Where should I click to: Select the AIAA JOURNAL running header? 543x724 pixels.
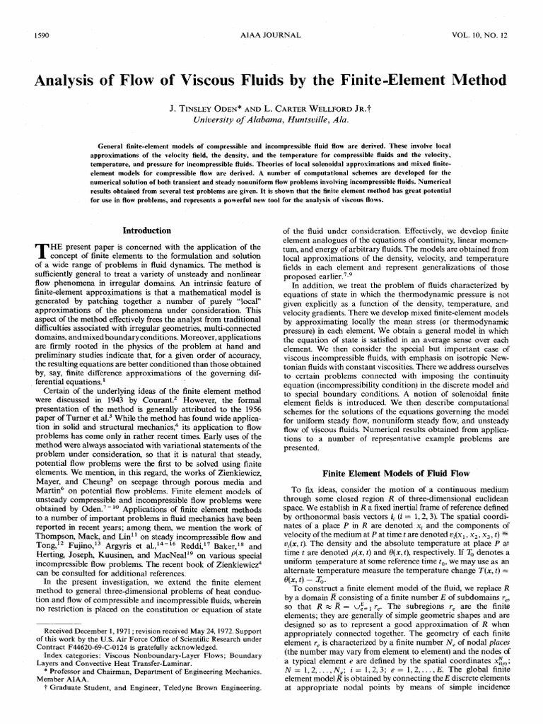click(272, 34)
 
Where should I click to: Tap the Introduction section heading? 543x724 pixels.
click(146, 230)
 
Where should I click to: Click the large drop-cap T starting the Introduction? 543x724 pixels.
click(40, 251)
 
